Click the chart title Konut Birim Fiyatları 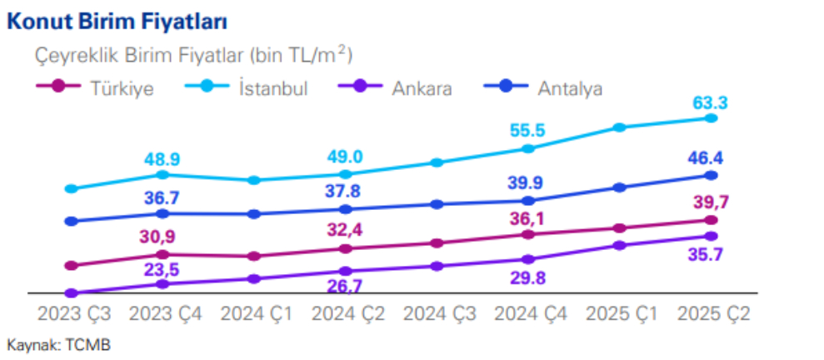point(117,22)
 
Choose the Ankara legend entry point(422,87)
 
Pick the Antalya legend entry point(570,87)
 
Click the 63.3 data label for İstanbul point(710,103)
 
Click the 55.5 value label point(527,131)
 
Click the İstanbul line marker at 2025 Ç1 point(619,127)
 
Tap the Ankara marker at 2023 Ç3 point(71,293)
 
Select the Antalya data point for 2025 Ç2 point(711,175)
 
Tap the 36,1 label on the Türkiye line point(527,218)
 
